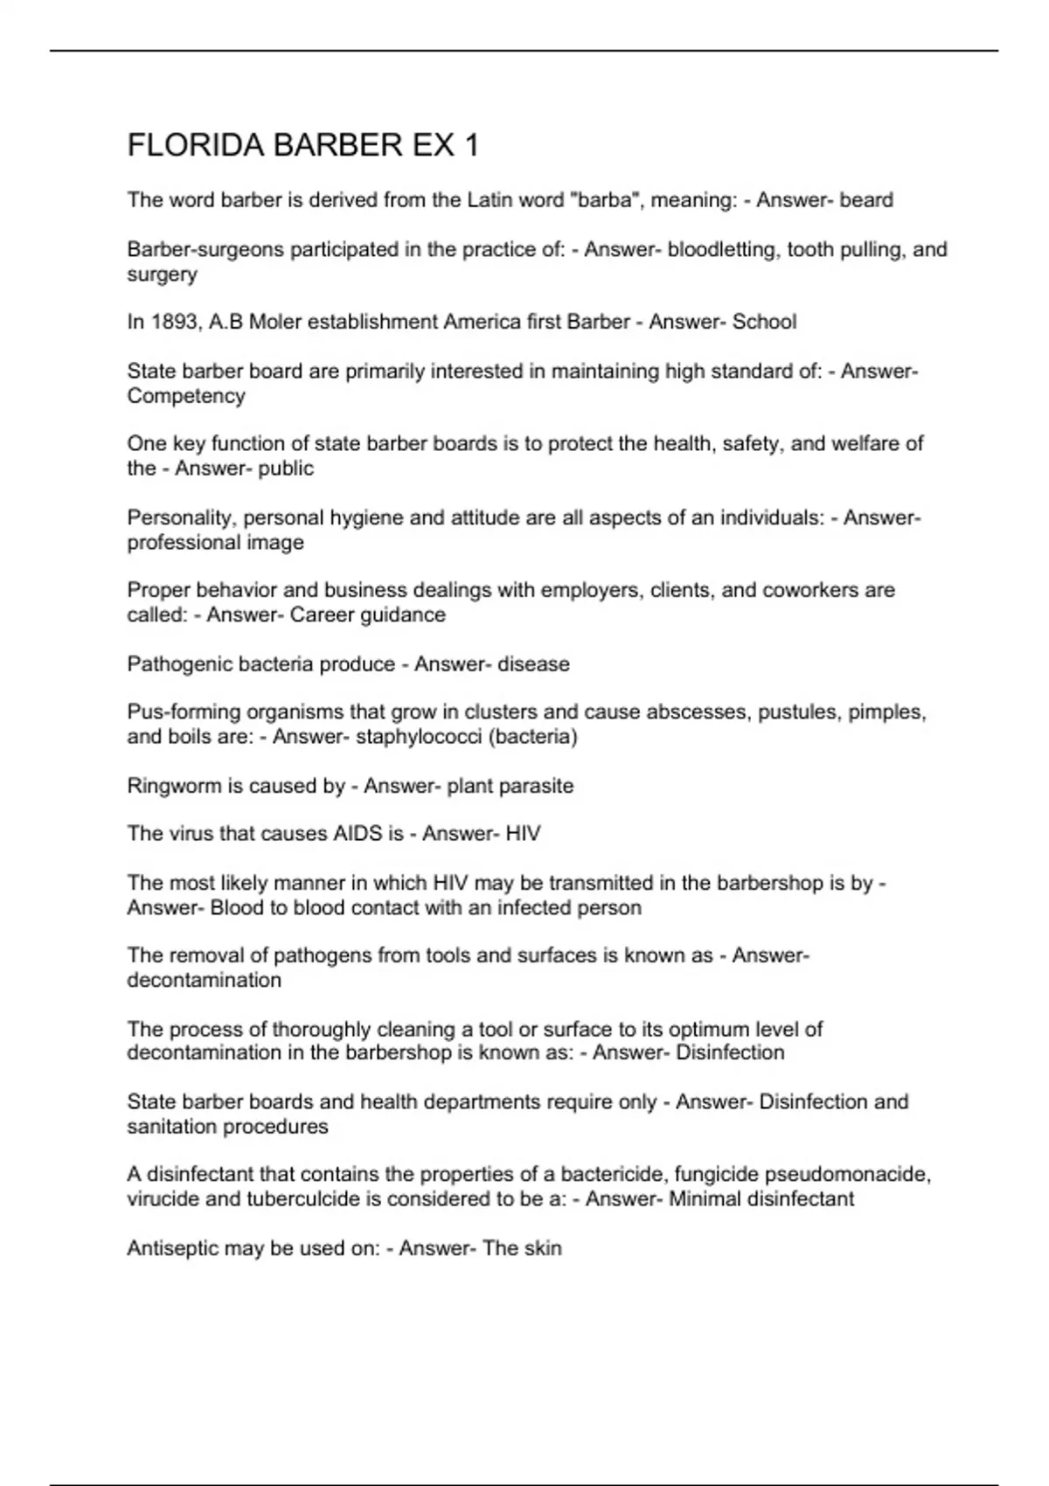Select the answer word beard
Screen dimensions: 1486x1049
coord(866,200)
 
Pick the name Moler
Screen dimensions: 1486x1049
coord(275,323)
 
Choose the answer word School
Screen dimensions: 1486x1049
coord(764,323)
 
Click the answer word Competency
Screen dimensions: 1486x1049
coord(186,396)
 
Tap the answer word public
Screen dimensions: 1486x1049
coord(286,469)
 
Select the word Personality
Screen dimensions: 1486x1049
coord(180,518)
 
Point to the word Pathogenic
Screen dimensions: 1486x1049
coord(177,664)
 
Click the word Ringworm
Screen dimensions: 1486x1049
coord(173,786)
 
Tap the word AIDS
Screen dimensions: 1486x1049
coord(357,834)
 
